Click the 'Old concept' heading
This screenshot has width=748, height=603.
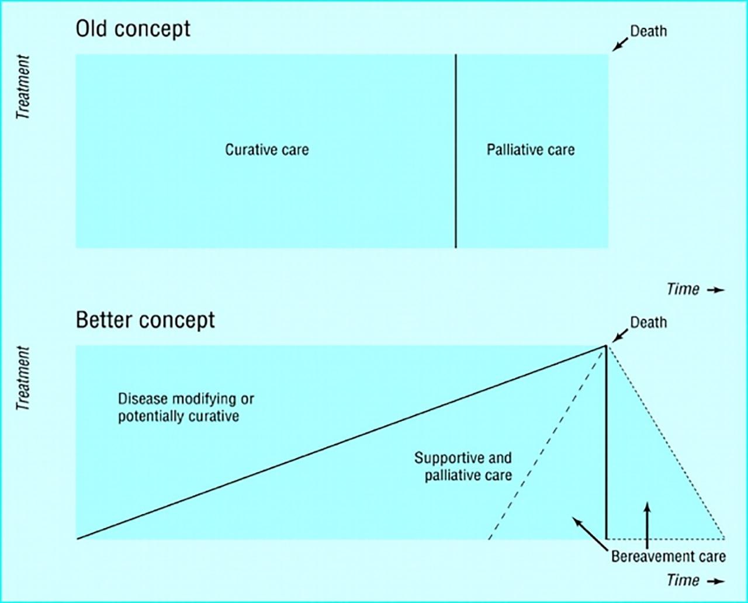[x=133, y=29]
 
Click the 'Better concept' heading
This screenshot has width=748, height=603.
[x=145, y=320]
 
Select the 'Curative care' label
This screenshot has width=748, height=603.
[x=267, y=150]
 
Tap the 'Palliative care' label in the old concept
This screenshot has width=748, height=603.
[x=531, y=150]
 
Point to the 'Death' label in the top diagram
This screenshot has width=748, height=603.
[x=648, y=31]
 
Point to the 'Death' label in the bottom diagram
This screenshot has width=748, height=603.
[x=648, y=322]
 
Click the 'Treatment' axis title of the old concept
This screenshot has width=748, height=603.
[x=23, y=87]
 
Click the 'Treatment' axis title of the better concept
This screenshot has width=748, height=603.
[x=23, y=379]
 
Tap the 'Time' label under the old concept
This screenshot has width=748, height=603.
[x=683, y=289]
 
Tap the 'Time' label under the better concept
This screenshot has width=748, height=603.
[x=683, y=580]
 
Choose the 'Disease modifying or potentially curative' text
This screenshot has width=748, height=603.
[x=186, y=408]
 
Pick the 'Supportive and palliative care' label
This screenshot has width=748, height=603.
[x=463, y=466]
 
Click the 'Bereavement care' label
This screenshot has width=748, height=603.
[x=668, y=556]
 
